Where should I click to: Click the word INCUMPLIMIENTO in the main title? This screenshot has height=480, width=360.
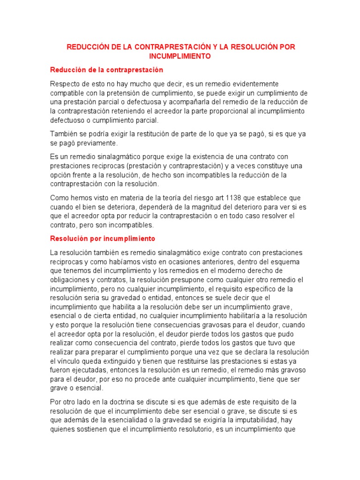[x=180, y=56]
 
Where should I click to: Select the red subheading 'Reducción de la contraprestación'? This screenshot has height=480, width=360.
[x=106, y=70]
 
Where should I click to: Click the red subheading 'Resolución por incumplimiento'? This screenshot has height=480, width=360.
[x=102, y=239]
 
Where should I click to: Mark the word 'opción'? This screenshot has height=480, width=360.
[x=61, y=175]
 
